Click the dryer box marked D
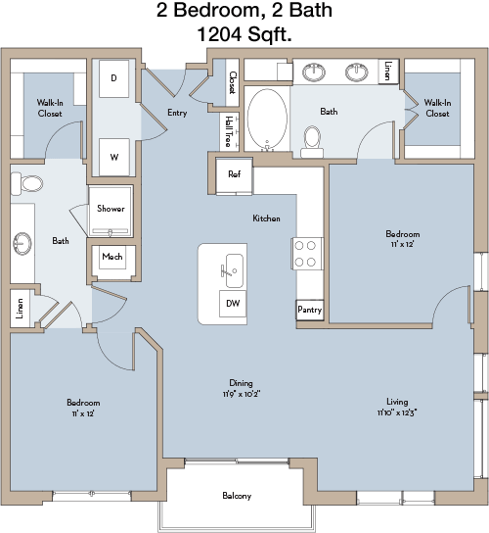click(x=114, y=78)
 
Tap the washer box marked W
click(x=114, y=157)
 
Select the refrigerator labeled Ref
click(x=234, y=175)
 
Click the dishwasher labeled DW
click(x=233, y=303)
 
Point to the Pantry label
click(x=309, y=310)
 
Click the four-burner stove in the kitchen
click(x=307, y=254)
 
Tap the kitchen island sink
click(x=234, y=271)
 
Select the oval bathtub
click(x=267, y=118)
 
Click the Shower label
click(x=111, y=209)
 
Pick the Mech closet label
click(x=112, y=257)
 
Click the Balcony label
click(x=237, y=496)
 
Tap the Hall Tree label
click(x=229, y=131)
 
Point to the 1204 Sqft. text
click(x=244, y=34)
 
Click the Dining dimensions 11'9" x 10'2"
click(x=242, y=394)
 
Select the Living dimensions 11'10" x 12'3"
click(x=397, y=412)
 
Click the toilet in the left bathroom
click(x=27, y=184)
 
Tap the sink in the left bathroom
click(x=22, y=243)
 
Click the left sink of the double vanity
click(x=314, y=73)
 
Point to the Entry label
click(x=177, y=113)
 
